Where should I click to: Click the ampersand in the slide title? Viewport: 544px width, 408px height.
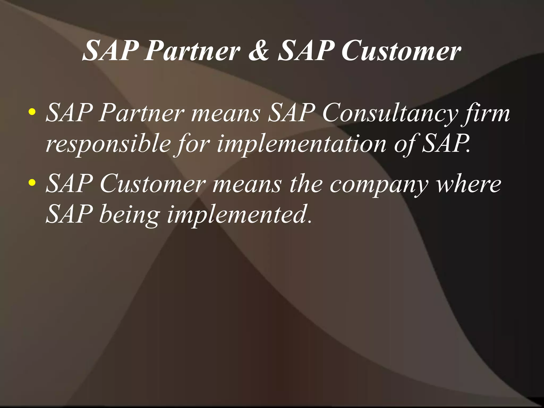point(259,50)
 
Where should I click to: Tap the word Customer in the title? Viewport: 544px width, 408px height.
point(401,50)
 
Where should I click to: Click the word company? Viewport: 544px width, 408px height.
point(379,185)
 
